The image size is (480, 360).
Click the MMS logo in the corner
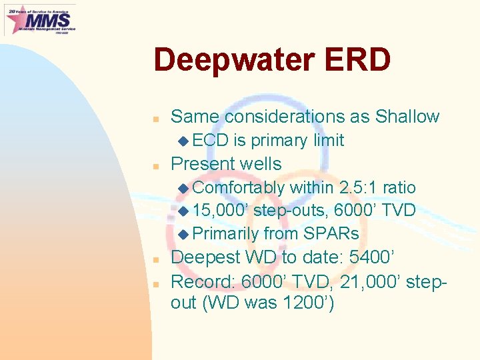tap(40, 19)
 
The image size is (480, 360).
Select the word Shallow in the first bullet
tap(407, 117)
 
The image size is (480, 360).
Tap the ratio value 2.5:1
tap(361, 188)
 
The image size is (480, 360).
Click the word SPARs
tap(331, 234)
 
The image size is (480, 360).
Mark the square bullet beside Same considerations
tap(155, 118)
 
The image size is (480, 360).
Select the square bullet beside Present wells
tap(155, 165)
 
